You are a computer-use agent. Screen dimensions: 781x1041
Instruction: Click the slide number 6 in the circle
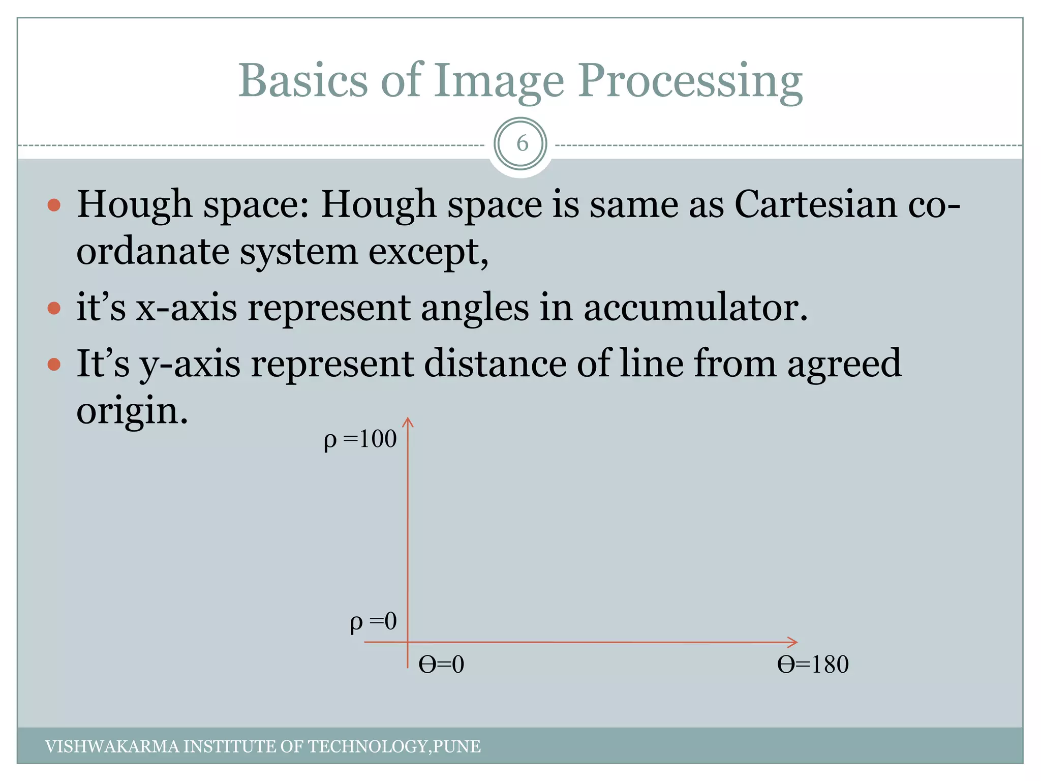522,144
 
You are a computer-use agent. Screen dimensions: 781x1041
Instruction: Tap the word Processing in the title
690,81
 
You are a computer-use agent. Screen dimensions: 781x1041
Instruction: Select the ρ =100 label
360,439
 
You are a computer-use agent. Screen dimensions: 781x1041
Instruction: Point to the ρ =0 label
373,622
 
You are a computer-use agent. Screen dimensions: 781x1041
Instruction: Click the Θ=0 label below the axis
441,665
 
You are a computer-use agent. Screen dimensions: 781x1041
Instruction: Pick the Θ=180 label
813,665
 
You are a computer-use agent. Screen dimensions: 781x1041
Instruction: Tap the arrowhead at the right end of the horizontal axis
794,642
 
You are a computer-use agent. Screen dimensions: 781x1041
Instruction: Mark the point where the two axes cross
408,642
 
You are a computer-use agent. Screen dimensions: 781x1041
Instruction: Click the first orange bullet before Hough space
54,205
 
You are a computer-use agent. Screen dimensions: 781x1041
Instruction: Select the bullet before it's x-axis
54,308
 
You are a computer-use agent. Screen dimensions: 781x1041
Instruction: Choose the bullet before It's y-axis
54,364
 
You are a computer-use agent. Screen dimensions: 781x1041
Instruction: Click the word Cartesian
815,204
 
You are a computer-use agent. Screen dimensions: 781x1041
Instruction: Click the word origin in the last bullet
132,411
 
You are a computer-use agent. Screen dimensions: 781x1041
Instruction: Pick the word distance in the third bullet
495,364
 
